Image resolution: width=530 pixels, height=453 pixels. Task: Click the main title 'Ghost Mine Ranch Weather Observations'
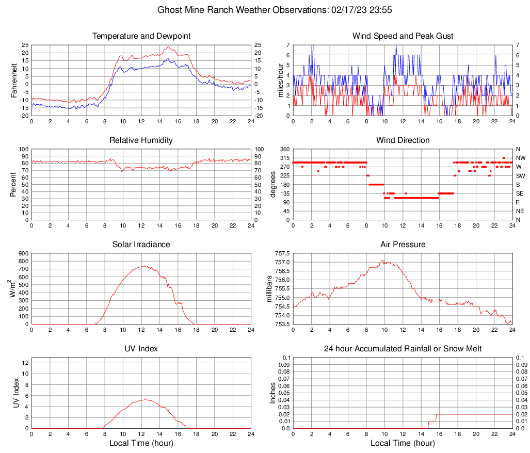pyautogui.click(x=265, y=10)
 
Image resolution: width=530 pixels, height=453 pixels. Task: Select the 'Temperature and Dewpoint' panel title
pyautogui.click(x=141, y=36)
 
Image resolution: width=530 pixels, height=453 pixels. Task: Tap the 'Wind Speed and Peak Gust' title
pyautogui.click(x=403, y=36)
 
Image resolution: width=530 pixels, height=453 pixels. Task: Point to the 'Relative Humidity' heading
pyautogui.click(x=141, y=140)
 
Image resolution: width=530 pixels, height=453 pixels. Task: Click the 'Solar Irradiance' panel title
pyautogui.click(x=141, y=245)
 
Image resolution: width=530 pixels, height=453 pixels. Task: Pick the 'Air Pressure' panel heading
pyautogui.click(x=403, y=245)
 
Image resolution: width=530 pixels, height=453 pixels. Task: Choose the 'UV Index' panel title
pyautogui.click(x=141, y=349)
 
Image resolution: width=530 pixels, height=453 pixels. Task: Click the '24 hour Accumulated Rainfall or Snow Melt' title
pyautogui.click(x=403, y=349)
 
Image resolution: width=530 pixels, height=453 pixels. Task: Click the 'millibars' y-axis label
pyautogui.click(x=269, y=289)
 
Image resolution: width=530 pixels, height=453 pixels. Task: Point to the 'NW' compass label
pyautogui.click(x=521, y=158)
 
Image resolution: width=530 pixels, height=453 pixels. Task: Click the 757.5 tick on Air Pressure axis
pyautogui.click(x=282, y=253)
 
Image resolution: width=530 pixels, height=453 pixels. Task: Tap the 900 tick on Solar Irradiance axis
pyautogui.click(x=23, y=253)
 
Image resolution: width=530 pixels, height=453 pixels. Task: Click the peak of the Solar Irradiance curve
pyautogui.click(x=142, y=266)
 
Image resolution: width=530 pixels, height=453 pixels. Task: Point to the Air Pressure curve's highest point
pyautogui.click(x=382, y=261)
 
